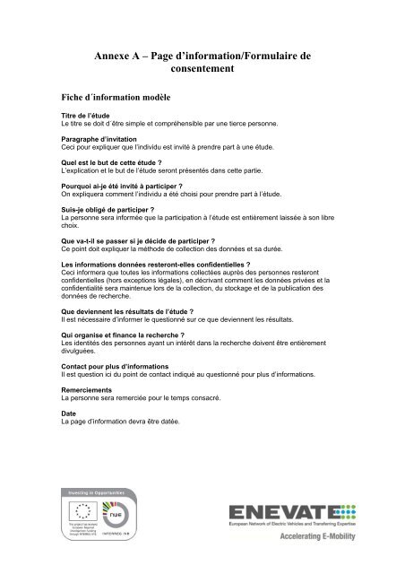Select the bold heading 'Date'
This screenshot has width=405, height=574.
coord(68,412)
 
